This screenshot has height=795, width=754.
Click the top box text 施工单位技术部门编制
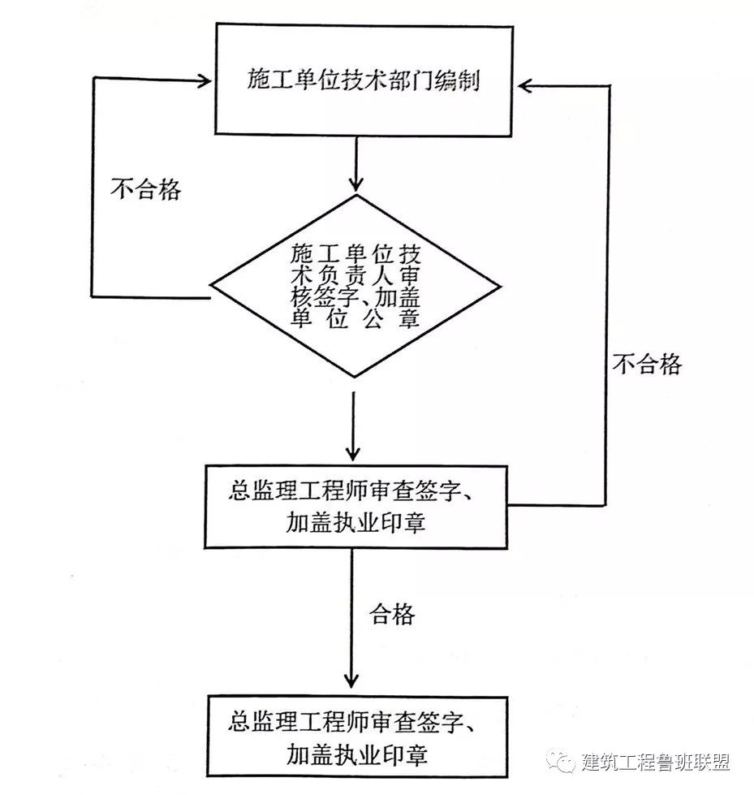pyautogui.click(x=362, y=81)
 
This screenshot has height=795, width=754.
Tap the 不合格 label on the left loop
pyautogui.click(x=146, y=190)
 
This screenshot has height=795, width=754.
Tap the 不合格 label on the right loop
pyautogui.click(x=647, y=365)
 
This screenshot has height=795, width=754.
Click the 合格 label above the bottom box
pyautogui.click(x=392, y=614)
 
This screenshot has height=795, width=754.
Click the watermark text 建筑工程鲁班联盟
pyautogui.click(x=656, y=762)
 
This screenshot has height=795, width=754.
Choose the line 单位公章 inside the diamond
pyautogui.click(x=355, y=318)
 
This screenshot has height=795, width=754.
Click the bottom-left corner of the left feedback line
pyautogui.click(x=93, y=296)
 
